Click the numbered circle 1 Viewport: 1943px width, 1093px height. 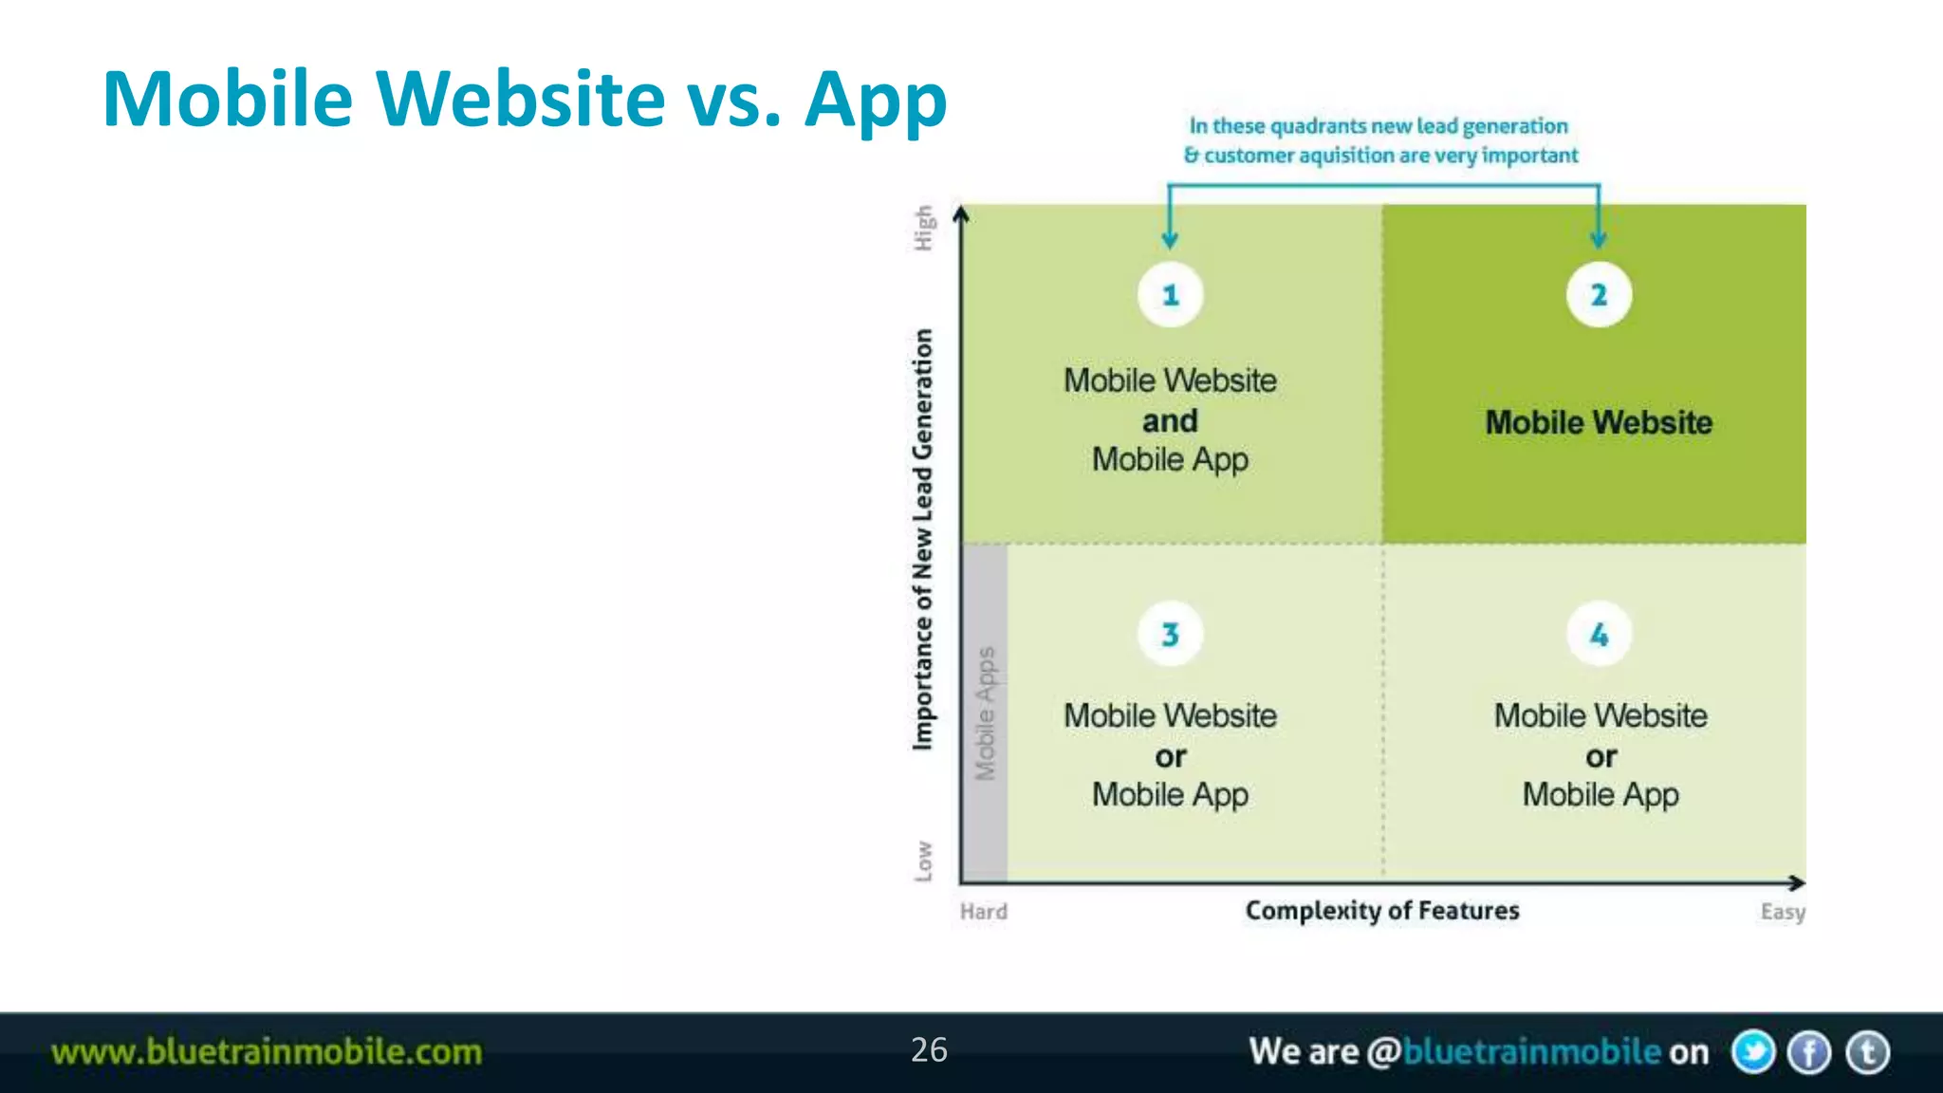pyautogui.click(x=1170, y=295)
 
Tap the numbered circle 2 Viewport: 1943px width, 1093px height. pyautogui.click(x=1599, y=295)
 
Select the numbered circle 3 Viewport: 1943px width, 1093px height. pyautogui.click(x=1170, y=634)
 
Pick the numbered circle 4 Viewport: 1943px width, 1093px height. pyautogui.click(x=1600, y=634)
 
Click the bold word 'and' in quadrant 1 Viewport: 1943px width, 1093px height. pyautogui.click(x=1170, y=420)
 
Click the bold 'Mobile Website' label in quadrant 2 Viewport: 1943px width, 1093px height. pyautogui.click(x=1599, y=422)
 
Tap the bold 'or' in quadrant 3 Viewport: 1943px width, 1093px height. pyautogui.click(x=1170, y=756)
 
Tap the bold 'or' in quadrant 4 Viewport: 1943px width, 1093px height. pyautogui.click(x=1601, y=756)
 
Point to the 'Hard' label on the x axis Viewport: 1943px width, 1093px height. pyautogui.click(x=983, y=912)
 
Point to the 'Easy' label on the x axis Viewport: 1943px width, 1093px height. pyautogui.click(x=1783, y=912)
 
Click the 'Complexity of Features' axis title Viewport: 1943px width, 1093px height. pyautogui.click(x=1381, y=911)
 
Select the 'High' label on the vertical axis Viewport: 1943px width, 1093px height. pyautogui.click(x=923, y=228)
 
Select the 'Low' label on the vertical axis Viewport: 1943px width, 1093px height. pyautogui.click(x=923, y=861)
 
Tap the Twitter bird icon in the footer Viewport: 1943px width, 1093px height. pyautogui.click(x=1752, y=1052)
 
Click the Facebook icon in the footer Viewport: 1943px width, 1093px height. pyautogui.click(x=1809, y=1052)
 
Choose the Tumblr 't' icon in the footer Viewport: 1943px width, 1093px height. pyautogui.click(x=1867, y=1052)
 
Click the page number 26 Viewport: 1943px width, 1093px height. pyautogui.click(x=929, y=1049)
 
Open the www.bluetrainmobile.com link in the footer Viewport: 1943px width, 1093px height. pyautogui.click(x=267, y=1052)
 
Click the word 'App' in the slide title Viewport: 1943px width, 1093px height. pyautogui.click(x=875, y=100)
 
